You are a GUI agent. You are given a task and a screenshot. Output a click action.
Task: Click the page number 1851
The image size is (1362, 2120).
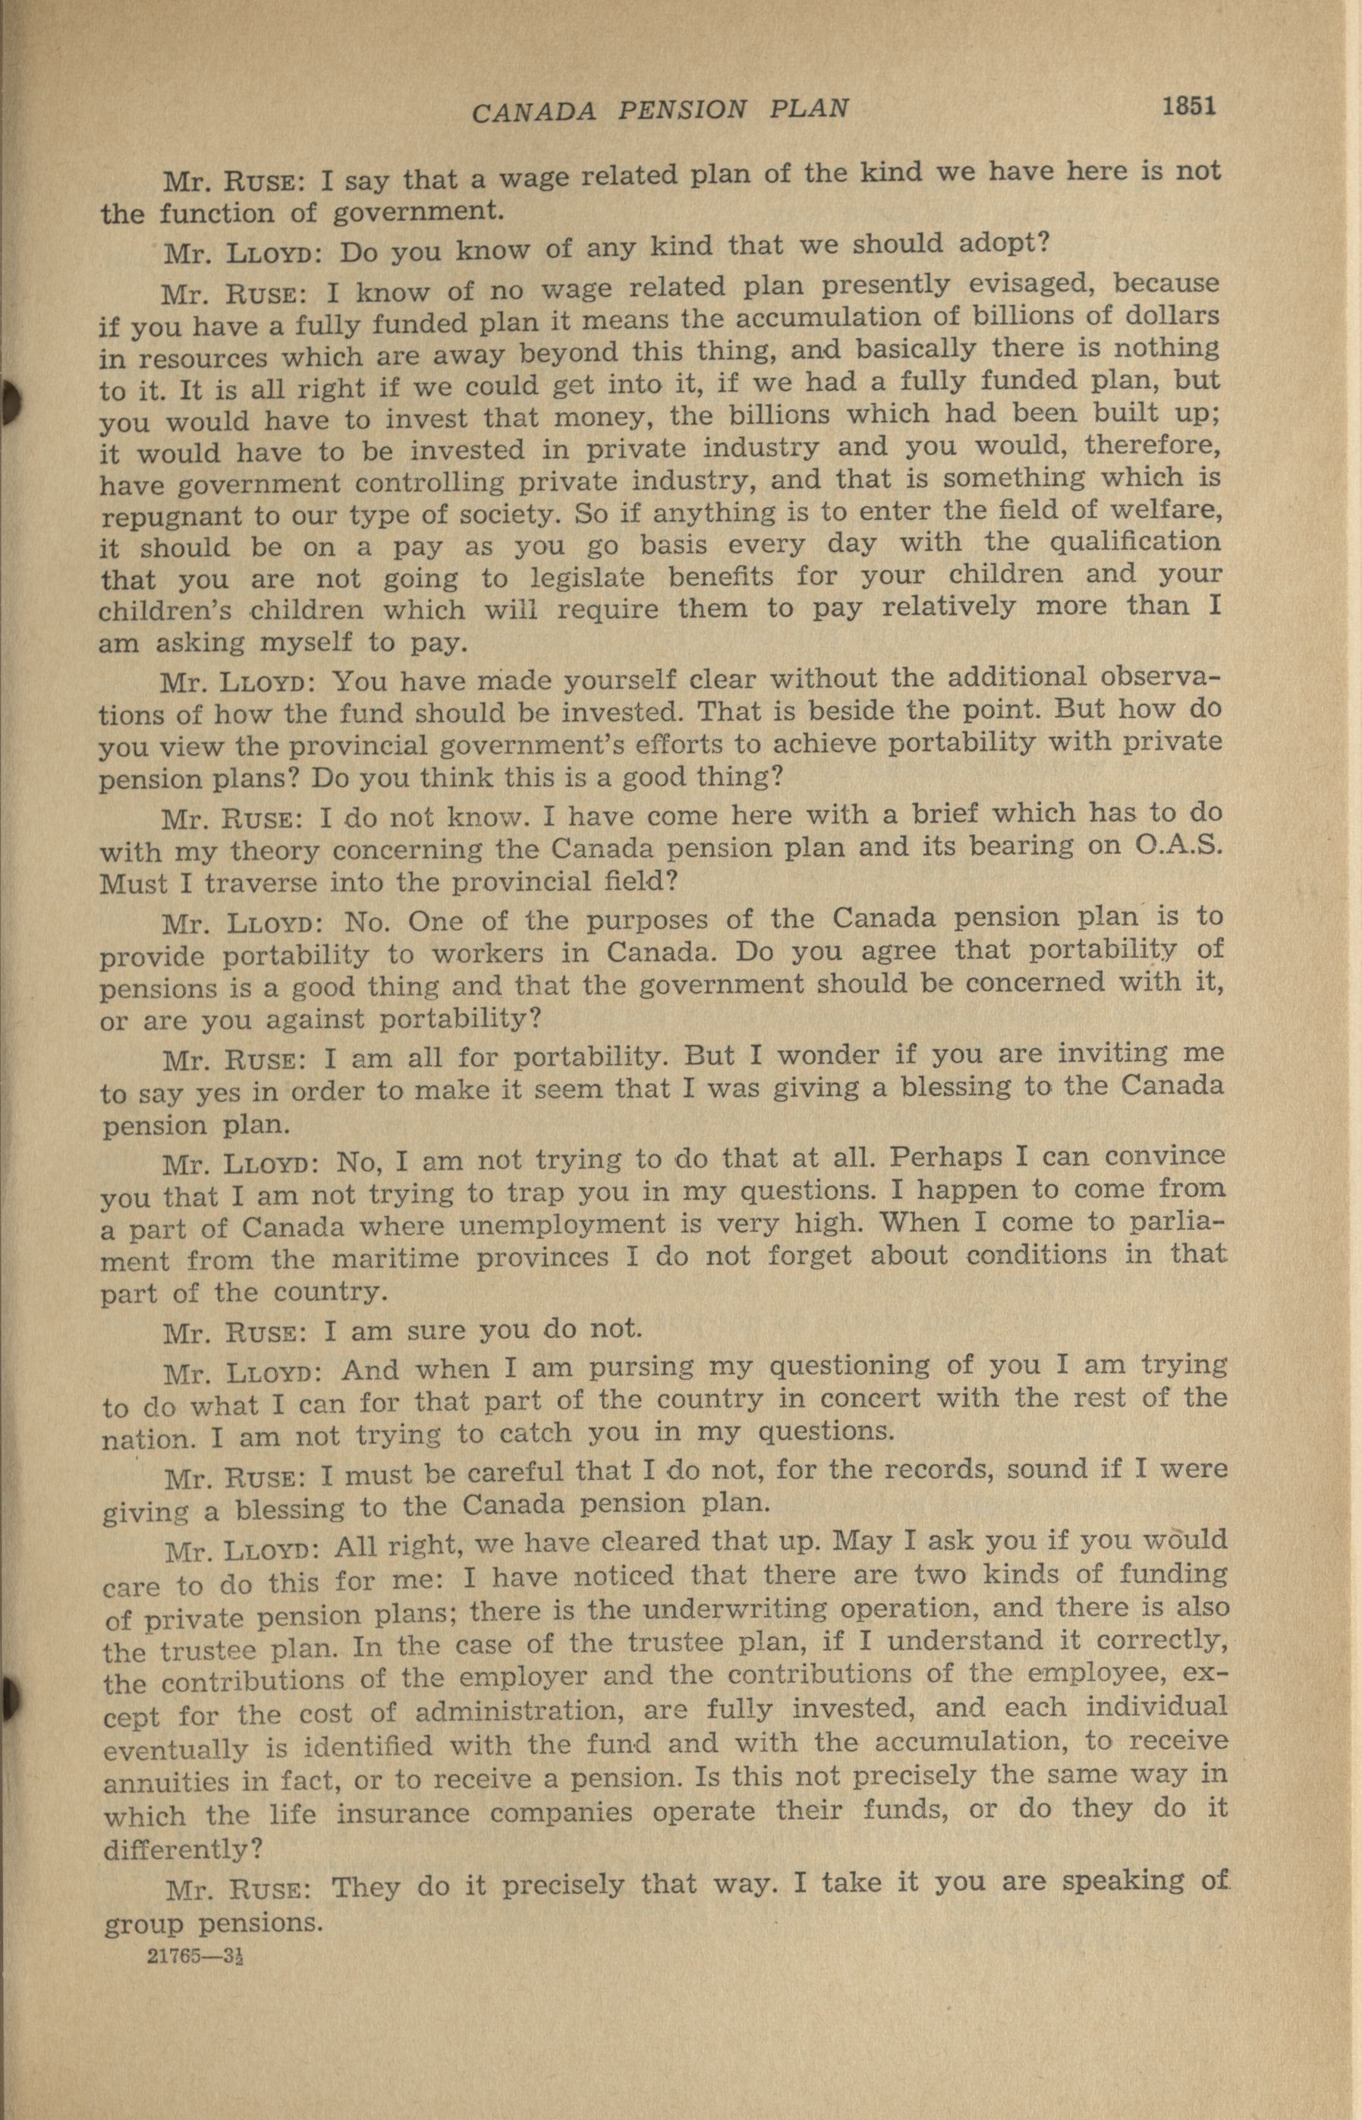[x=1190, y=106]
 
